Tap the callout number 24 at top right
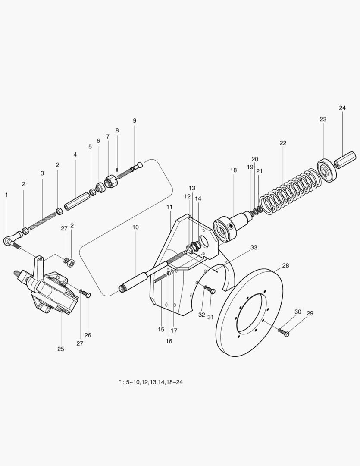(342, 108)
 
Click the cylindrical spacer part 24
(345, 160)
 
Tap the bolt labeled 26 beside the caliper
(87, 295)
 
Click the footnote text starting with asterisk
(151, 382)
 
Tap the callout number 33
(254, 248)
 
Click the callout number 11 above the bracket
(169, 207)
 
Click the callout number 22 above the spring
(283, 143)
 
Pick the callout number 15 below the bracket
(161, 329)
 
